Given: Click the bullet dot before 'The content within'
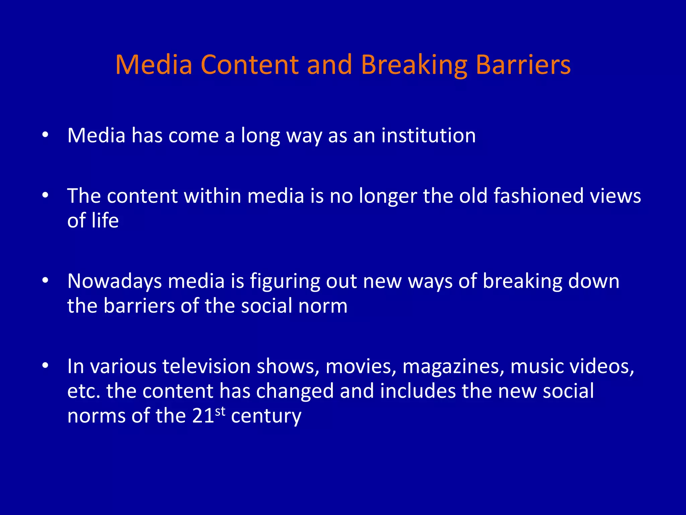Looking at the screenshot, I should pyautogui.click(x=46, y=195).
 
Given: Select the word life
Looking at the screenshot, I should pyautogui.click(x=105, y=221).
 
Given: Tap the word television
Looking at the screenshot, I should pyautogui.click(x=206, y=366).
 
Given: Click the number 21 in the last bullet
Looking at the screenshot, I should pyautogui.click(x=203, y=416).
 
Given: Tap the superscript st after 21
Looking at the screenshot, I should pyautogui.click(x=220, y=411).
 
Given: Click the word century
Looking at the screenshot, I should pyautogui.click(x=266, y=416).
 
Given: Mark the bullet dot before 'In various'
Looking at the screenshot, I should pyautogui.click(x=46, y=365).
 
